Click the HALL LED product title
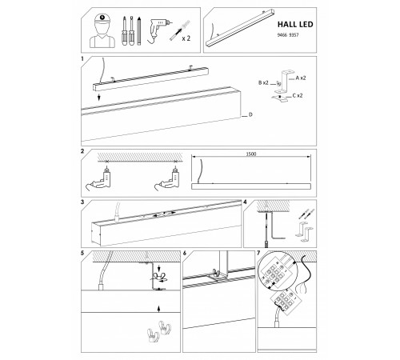295,24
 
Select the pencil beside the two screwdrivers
138,31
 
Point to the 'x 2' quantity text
186,38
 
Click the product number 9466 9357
288,35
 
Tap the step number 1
82,59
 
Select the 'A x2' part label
301,78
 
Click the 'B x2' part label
263,82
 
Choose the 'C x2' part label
298,95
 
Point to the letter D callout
250,115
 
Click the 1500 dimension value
251,154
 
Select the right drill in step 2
169,178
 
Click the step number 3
82,202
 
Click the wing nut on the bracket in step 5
158,276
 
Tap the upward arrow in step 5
159,309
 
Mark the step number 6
185,253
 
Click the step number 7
258,253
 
